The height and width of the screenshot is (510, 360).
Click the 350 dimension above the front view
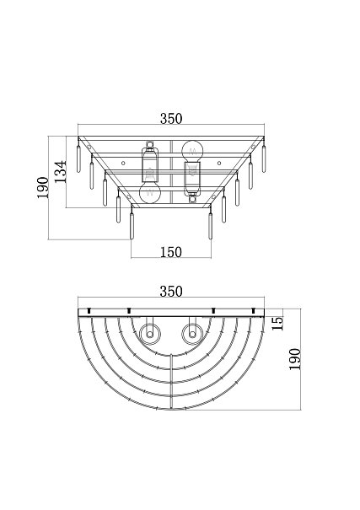click(x=171, y=119)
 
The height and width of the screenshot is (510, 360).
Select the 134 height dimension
click(x=60, y=171)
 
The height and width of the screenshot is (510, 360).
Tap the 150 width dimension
click(x=171, y=252)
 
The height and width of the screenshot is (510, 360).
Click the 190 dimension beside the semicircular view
click(x=295, y=359)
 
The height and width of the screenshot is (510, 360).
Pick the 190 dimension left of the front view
click(x=43, y=188)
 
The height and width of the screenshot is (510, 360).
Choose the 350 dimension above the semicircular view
click(x=171, y=292)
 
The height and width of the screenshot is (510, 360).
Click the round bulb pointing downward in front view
click(x=150, y=192)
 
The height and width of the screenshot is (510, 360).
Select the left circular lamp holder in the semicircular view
click(x=149, y=335)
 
